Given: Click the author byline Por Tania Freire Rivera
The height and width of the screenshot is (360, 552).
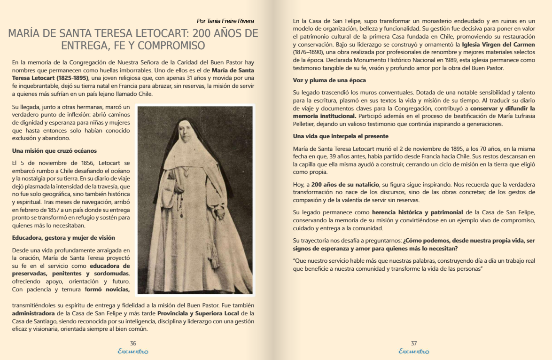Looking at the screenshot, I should [x=225, y=21].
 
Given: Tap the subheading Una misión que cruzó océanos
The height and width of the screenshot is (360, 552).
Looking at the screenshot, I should [x=54, y=151].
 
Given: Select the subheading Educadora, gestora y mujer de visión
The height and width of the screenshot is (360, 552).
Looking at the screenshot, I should [x=63, y=238].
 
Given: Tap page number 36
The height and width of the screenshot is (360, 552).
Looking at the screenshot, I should [x=133, y=344].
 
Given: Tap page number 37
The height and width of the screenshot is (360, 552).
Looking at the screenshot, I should [x=414, y=344].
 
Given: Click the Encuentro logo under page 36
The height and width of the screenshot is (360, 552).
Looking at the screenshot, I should [x=133, y=352].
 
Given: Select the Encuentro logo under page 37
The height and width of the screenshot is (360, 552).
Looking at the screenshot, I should [x=414, y=352].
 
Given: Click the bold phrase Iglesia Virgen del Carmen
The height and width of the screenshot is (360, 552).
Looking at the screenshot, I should [x=498, y=45].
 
